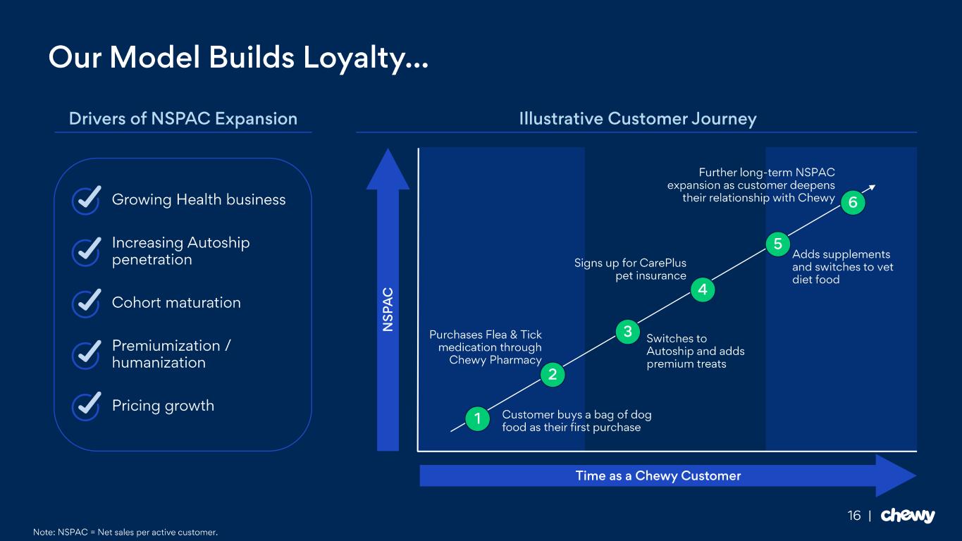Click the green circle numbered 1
pos(477,419)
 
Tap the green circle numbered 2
pos(553,375)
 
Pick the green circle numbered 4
pos(702,289)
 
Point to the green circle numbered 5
pos(777,244)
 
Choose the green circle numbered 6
pos(853,203)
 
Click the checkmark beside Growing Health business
pos(86,200)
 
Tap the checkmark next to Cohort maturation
pos(86,303)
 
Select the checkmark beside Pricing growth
pos(86,406)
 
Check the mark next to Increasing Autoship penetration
pos(86,251)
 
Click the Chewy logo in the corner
pos(908,516)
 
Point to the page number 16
pos(854,516)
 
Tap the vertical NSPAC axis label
pos(388,310)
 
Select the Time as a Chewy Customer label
pos(658,476)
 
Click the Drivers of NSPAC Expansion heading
pos(183,119)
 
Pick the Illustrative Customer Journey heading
pos(637,119)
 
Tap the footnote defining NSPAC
pos(125,532)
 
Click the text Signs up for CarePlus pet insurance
pos(630,269)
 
